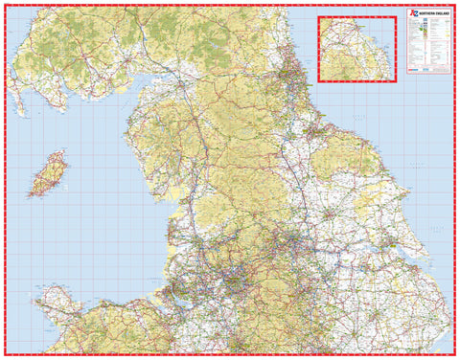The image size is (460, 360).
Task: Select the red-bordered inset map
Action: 356,48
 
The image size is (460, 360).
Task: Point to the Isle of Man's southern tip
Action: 34,196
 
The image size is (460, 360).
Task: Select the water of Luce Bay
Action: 29,96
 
